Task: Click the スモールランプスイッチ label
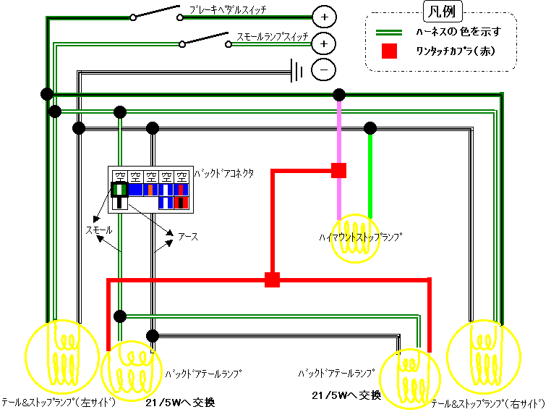tap(273, 36)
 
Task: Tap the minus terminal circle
tap(323, 70)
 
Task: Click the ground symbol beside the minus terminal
tap(296, 70)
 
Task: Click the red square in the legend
tap(390, 51)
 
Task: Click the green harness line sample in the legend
tap(390, 32)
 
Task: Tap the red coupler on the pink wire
tap(338, 170)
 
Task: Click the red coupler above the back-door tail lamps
tap(272, 279)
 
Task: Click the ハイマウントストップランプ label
tap(359, 236)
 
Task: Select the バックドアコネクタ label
tap(223, 175)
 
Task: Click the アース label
tap(188, 236)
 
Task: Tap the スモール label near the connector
tap(99, 230)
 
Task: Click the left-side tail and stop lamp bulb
tap(61, 355)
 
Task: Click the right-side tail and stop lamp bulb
tap(483, 355)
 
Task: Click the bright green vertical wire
tap(370, 174)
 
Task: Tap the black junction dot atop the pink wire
tap(338, 95)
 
